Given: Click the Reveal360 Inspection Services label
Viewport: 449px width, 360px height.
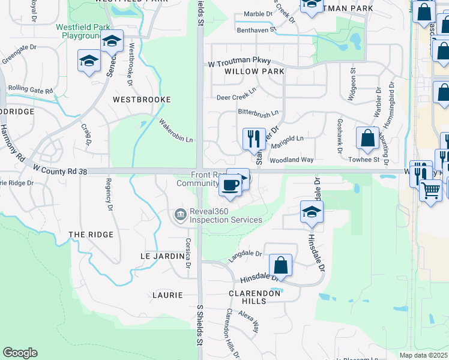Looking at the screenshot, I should click(226, 215).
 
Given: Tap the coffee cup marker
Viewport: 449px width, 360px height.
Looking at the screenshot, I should click(230, 184).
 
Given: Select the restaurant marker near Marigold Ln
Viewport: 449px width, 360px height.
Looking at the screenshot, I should click(253, 139).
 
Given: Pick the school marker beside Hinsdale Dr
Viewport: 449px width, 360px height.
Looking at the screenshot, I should click(312, 212).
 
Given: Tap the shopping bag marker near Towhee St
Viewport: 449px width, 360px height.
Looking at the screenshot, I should click(367, 139).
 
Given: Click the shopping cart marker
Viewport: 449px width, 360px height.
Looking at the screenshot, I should click(431, 191).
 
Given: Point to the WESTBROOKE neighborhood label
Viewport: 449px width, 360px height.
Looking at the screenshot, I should click(142, 100).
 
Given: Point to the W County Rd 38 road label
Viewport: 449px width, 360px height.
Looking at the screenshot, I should click(60, 171).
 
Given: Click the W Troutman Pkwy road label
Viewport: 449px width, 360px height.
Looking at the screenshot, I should click(240, 62).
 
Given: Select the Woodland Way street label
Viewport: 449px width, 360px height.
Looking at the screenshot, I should click(309, 160).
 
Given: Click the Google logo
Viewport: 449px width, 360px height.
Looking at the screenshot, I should click(20, 353).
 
